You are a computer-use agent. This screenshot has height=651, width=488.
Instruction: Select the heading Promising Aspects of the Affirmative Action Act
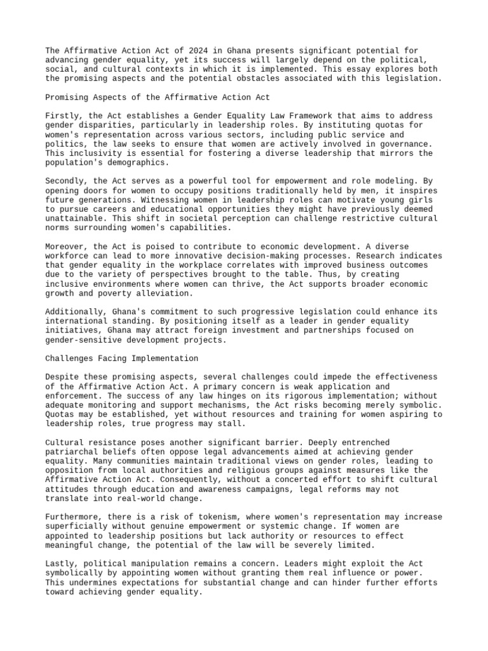pyautogui.click(x=158, y=97)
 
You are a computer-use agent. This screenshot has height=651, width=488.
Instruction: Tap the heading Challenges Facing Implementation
pyautogui.click(x=122, y=359)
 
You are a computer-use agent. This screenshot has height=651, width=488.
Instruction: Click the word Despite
pyautogui.click(x=61, y=377)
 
